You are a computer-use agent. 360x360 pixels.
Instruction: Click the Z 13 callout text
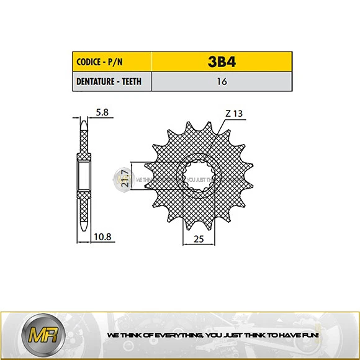(234, 113)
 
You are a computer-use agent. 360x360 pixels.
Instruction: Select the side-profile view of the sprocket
(83, 176)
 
